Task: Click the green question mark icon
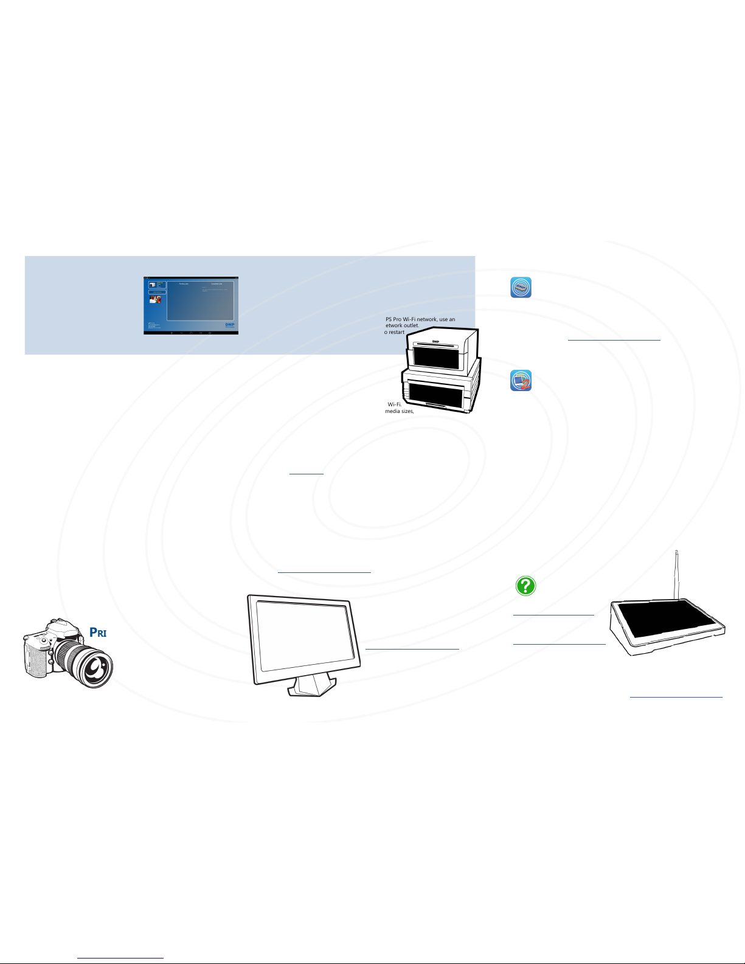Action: [525, 586]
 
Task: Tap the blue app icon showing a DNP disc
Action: [521, 287]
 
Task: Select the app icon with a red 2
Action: [521, 381]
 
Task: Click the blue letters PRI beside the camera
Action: [99, 632]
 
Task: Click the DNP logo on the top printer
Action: [435, 341]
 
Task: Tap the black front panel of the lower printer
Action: [435, 395]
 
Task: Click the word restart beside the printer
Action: [397, 332]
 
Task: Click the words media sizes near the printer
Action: [399, 411]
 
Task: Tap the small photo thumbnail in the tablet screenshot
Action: [155, 299]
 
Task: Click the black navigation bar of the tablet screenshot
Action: [190, 333]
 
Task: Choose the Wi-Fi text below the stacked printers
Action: [395, 404]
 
